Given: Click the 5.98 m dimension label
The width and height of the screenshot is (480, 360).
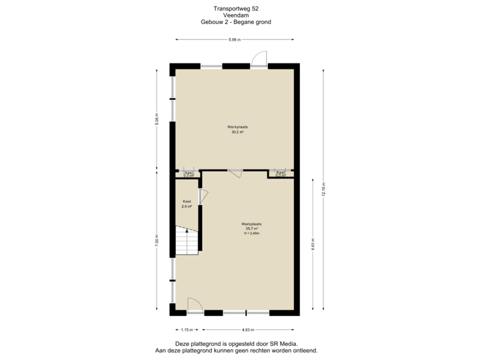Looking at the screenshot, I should click(x=234, y=40).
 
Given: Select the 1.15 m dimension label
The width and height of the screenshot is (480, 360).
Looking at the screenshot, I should click(x=187, y=329).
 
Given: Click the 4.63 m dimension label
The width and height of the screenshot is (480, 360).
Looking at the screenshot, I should click(x=249, y=329).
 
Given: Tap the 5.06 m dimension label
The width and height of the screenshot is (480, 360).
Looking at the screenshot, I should click(x=158, y=119).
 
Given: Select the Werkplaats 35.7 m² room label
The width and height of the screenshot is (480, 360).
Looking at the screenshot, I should click(x=251, y=228).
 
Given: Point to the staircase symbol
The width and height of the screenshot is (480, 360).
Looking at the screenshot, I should click(x=187, y=241).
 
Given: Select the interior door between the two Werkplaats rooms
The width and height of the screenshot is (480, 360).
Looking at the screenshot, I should click(x=235, y=173).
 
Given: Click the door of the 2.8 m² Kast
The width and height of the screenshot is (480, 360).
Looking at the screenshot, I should click(x=203, y=196).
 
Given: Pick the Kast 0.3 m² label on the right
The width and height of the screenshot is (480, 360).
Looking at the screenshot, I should click(x=281, y=173).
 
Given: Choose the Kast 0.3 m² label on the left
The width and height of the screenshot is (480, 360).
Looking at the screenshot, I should click(x=189, y=174).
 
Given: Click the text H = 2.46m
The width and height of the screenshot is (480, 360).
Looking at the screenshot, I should click(x=251, y=233).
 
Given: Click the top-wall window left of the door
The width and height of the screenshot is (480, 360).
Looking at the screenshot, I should click(x=212, y=65).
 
